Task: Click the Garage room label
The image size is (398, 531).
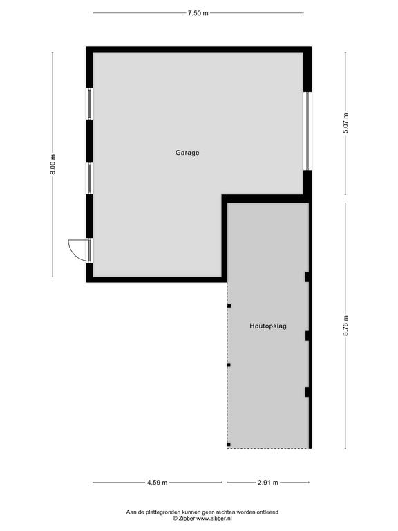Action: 187,153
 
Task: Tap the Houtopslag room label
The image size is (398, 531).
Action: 268,326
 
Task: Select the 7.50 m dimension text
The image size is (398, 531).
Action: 198,13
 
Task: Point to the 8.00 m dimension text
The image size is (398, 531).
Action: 53,165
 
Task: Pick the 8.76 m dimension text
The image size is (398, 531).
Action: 345,326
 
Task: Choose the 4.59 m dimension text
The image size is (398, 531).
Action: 157,482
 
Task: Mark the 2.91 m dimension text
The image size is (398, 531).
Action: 268,482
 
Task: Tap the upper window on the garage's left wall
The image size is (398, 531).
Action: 90,104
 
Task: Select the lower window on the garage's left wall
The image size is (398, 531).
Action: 90,178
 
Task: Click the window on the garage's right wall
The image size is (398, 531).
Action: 307,131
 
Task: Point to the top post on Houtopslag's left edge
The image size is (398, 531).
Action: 229,306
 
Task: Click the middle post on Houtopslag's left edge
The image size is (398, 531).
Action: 229,365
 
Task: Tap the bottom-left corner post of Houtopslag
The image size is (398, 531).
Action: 229,445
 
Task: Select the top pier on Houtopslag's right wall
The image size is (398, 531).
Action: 307,277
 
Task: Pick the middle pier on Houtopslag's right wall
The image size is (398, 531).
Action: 307,336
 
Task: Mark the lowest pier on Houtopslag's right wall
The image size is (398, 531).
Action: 307,392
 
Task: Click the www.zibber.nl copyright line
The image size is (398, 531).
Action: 202,518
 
